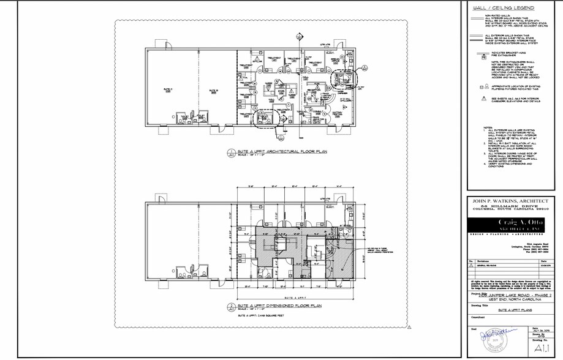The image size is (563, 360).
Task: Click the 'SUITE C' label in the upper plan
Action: pos(168,89)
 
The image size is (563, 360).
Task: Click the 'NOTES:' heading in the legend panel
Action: pos(488,127)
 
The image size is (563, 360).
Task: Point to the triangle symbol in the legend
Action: pos(483,99)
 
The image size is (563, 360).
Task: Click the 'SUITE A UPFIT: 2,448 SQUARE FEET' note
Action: pos(260,316)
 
